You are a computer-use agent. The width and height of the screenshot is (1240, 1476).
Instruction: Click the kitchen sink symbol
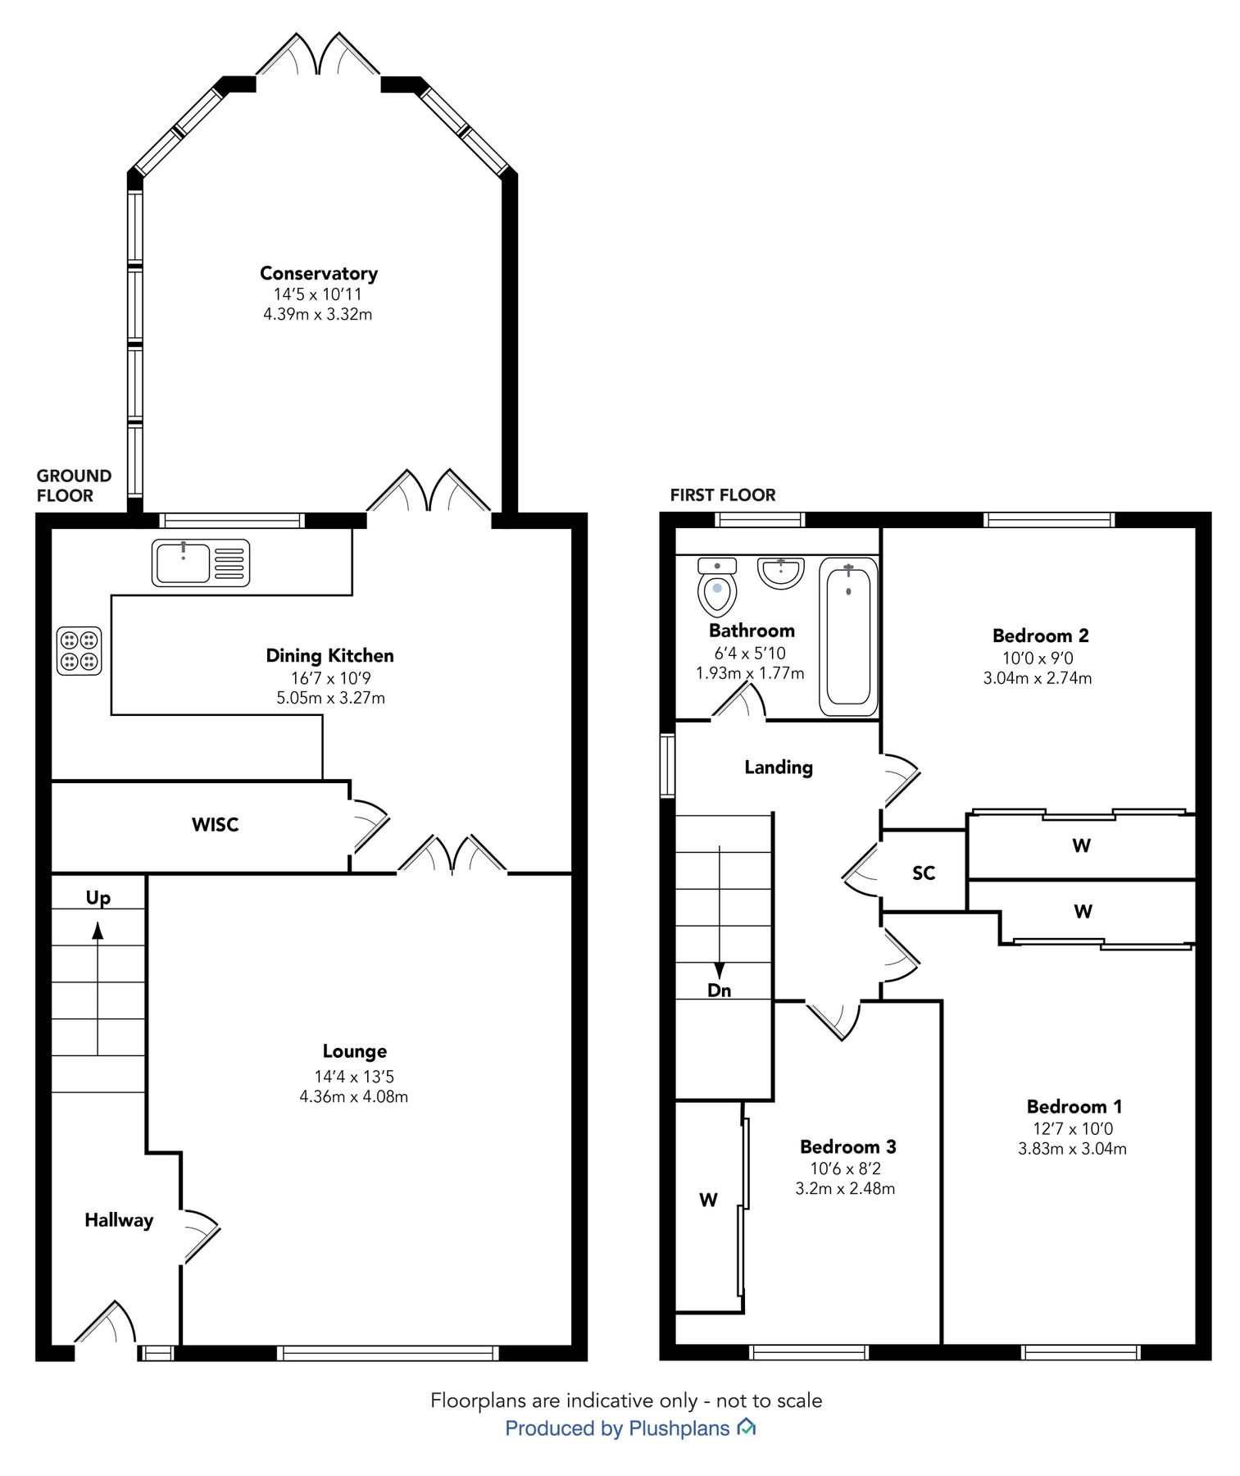click(200, 563)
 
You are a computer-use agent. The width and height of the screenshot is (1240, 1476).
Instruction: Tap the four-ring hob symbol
click(79, 650)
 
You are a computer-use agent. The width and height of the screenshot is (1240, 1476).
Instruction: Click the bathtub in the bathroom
click(848, 635)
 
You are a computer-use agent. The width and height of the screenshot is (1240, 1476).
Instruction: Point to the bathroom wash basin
click(780, 572)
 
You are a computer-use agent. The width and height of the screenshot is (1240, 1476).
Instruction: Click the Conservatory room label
click(319, 273)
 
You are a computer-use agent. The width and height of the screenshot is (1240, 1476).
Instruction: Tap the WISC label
click(215, 824)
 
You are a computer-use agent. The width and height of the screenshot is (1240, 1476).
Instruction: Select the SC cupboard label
click(924, 872)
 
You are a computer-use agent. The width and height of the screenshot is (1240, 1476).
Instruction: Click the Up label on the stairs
click(98, 897)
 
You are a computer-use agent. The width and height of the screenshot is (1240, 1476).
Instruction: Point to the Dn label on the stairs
click(719, 990)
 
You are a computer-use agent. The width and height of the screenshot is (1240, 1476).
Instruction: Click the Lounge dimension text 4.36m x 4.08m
click(353, 1096)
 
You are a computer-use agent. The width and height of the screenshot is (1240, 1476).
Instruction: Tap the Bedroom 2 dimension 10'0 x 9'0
click(1038, 658)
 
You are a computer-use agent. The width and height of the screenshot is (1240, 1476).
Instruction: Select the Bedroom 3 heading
click(847, 1146)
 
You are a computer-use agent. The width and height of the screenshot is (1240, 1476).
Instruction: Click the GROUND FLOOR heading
click(74, 485)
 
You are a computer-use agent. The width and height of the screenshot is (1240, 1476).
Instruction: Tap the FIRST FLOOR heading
click(722, 494)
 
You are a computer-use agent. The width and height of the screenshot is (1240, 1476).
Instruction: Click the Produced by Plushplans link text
click(617, 1428)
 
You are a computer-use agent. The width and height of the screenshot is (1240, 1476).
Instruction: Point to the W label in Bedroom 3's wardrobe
click(708, 1200)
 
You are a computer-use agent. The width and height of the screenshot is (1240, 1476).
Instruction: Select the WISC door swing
click(368, 825)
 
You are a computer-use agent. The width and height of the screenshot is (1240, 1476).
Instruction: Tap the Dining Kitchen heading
click(329, 655)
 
